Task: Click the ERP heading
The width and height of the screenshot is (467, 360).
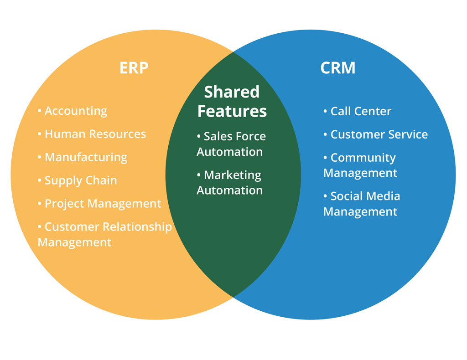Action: (134, 68)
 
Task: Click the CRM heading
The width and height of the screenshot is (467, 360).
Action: (338, 68)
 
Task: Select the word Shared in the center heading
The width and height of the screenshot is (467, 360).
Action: (232, 92)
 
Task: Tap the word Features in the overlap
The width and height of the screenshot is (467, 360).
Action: (232, 111)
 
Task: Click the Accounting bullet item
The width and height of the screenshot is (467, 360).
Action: (73, 111)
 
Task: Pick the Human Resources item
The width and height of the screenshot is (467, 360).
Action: (92, 134)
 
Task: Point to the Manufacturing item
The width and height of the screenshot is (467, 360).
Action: (83, 157)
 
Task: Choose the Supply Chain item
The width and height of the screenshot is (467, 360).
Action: (78, 180)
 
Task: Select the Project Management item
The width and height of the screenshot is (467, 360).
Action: (99, 204)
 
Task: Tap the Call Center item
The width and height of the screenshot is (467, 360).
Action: (358, 111)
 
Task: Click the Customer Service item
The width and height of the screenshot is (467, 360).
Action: (376, 134)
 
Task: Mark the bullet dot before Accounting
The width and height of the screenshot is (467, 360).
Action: (39, 111)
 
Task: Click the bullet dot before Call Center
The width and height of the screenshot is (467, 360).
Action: (325, 111)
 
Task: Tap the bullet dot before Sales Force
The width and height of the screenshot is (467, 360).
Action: (199, 136)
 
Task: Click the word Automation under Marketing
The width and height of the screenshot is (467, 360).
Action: (230, 190)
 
